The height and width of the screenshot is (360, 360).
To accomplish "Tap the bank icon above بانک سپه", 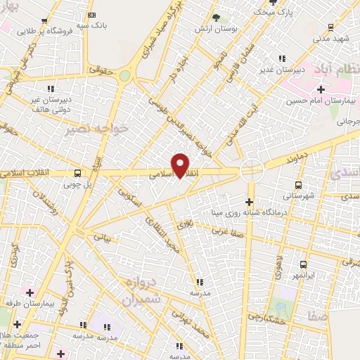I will click(92, 15).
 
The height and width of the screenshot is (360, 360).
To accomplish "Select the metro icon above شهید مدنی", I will click(330, 27).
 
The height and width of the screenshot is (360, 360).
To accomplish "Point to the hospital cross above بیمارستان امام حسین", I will click(321, 89).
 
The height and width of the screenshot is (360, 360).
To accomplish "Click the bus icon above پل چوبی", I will click(77, 173).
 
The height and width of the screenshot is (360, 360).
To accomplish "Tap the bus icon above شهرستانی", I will click(299, 185).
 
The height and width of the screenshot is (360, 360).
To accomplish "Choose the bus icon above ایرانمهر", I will click(303, 264).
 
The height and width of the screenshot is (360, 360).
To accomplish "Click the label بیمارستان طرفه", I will click(30, 302).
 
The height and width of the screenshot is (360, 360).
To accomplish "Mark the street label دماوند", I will click(297, 161).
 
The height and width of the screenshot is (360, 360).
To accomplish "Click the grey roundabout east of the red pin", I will click(251, 169).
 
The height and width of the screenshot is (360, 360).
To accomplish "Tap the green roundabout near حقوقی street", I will click(124, 75).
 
